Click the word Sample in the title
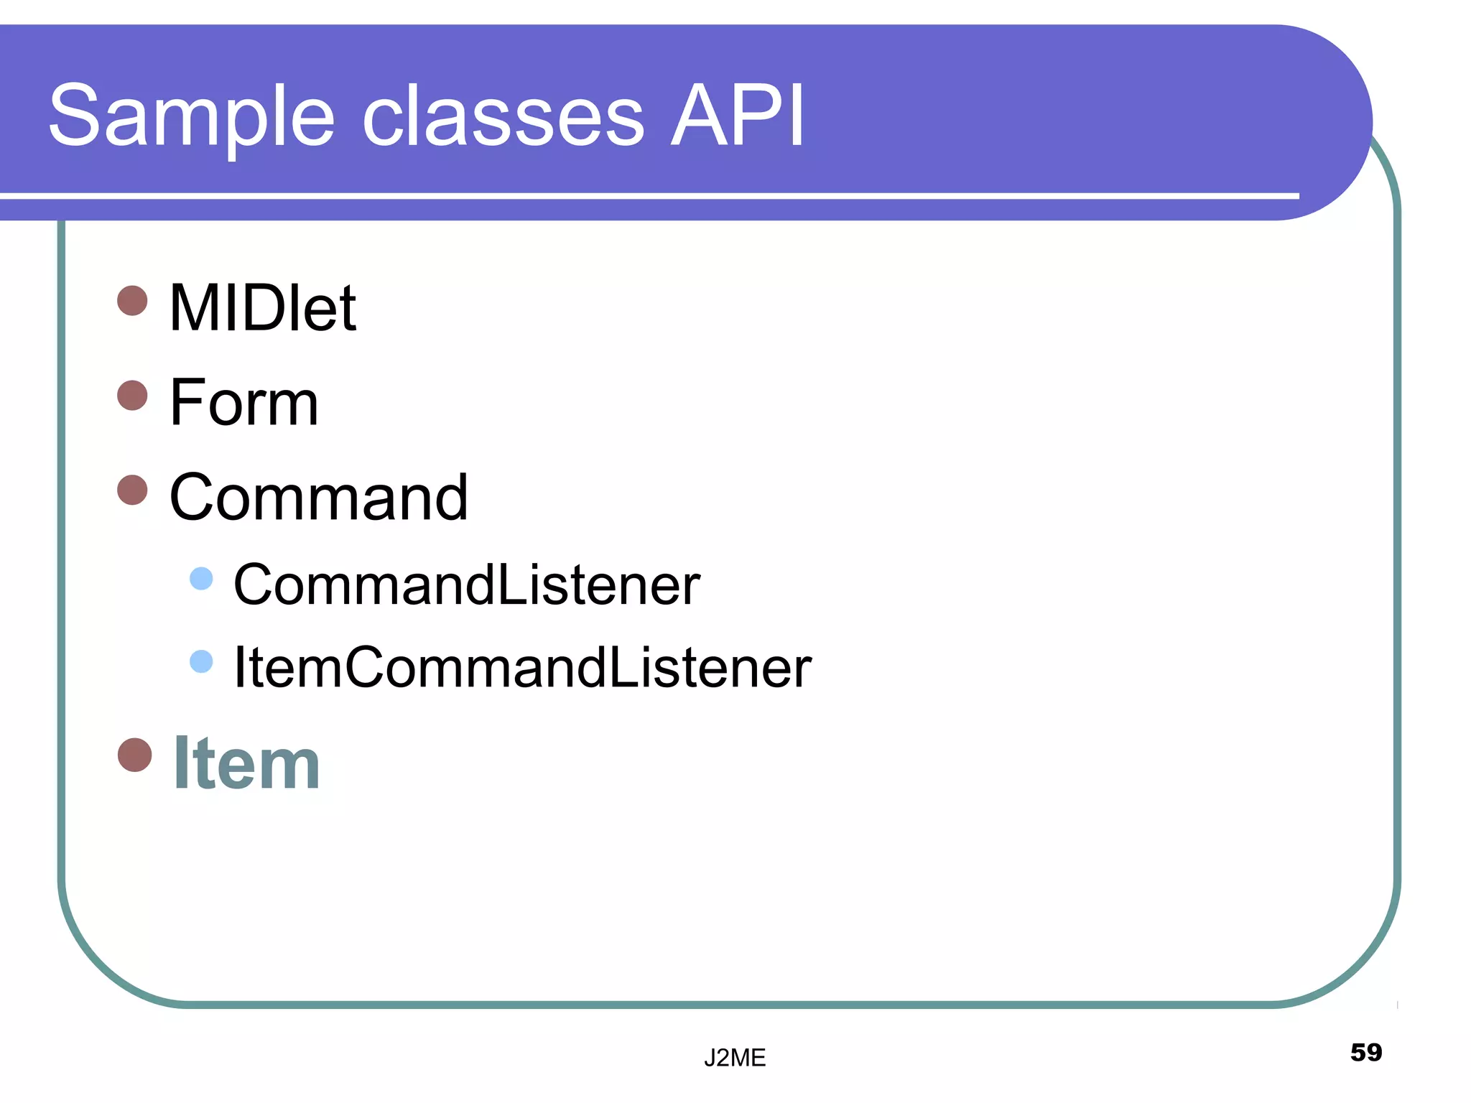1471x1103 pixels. pyautogui.click(x=191, y=116)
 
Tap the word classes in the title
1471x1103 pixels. pyautogui.click(x=503, y=116)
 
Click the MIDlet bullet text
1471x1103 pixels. pyautogui.click(x=262, y=308)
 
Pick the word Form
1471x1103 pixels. pyautogui.click(x=243, y=403)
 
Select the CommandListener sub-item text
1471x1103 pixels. pyautogui.click(x=466, y=585)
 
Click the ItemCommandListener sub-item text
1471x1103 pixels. pyautogui.click(x=522, y=668)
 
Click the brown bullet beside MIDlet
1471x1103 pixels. pyautogui.click(x=132, y=300)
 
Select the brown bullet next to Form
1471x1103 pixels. pyautogui.click(x=132, y=395)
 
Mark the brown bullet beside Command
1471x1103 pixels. pyautogui.click(x=132, y=490)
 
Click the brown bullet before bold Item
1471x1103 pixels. pyautogui.click(x=134, y=755)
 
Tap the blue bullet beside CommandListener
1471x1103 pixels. pyautogui.click(x=201, y=578)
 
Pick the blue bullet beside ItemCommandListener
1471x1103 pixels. pyautogui.click(x=201, y=661)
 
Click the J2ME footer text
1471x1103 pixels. pyautogui.click(x=734, y=1058)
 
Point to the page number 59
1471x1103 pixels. pyautogui.click(x=1365, y=1052)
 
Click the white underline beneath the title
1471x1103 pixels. pyautogui.click(x=646, y=195)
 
